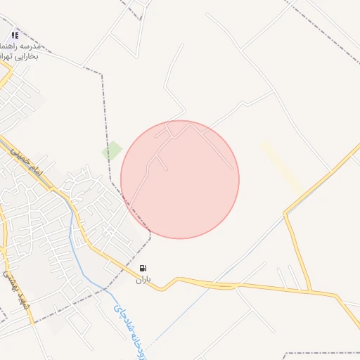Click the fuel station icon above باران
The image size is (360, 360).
[143, 268]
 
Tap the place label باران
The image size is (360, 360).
[143, 279]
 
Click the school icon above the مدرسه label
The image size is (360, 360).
[15, 34]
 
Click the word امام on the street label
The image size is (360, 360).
[38, 169]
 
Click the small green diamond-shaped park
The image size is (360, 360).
[112, 150]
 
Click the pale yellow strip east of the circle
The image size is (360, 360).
[282, 167]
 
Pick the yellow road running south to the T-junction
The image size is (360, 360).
[298, 253]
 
